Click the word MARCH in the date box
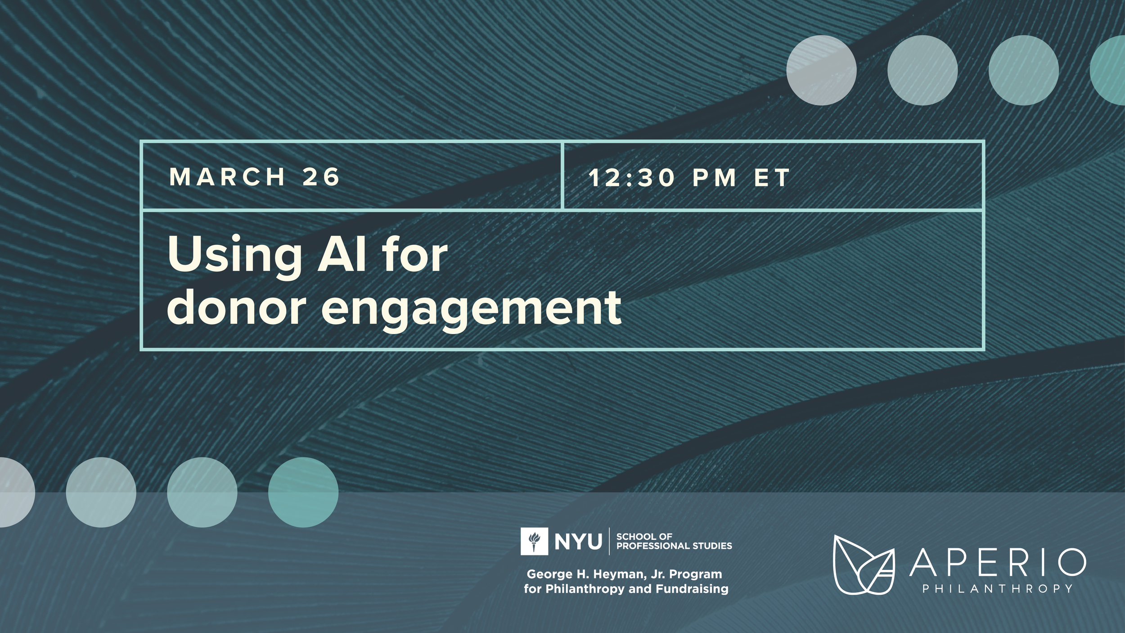pos(227,176)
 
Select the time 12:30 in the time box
pos(632,177)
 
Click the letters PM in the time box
pos(714,177)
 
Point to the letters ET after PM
pos(772,177)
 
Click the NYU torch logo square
pos(534,541)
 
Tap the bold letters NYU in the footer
pos(578,542)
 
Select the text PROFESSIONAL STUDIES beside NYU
pos(674,546)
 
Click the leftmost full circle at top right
pos(821,70)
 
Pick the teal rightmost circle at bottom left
pos(303,493)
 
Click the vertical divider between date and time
pos(562,176)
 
